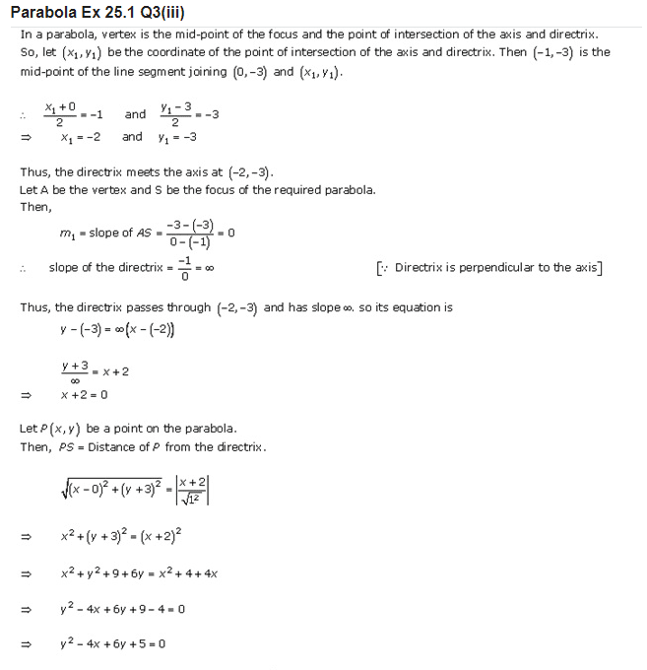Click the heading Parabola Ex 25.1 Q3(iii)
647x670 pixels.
[x=99, y=12]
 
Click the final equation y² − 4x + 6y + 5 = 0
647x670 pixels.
[x=112, y=643]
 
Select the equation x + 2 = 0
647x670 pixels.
[x=84, y=395]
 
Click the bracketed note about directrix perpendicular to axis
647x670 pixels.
[x=489, y=267]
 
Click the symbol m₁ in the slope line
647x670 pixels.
[x=67, y=233]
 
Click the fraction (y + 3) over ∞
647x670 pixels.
[x=75, y=370]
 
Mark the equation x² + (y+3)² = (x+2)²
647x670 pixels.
[x=119, y=537]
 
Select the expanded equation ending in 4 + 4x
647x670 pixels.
[x=138, y=573]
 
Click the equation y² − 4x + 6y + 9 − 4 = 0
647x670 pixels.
[x=122, y=609]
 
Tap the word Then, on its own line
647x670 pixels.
[x=36, y=207]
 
